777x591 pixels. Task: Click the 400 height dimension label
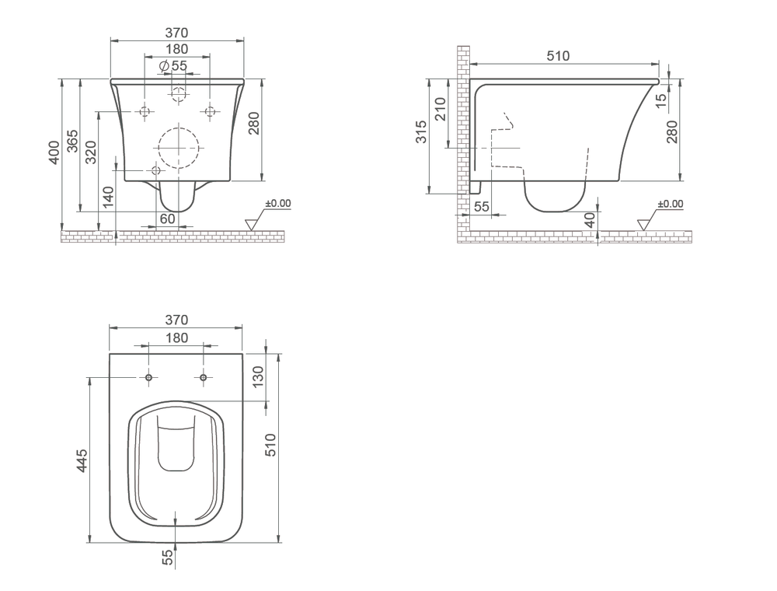point(54,152)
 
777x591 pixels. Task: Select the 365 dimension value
point(72,141)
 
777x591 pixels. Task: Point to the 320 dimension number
point(91,152)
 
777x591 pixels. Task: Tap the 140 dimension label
point(109,197)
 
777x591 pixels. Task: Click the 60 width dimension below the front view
point(168,219)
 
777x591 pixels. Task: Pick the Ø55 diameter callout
point(173,65)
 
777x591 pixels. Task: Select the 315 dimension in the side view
point(421,131)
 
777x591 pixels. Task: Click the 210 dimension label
point(440,109)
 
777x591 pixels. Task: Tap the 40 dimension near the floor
point(590,220)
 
